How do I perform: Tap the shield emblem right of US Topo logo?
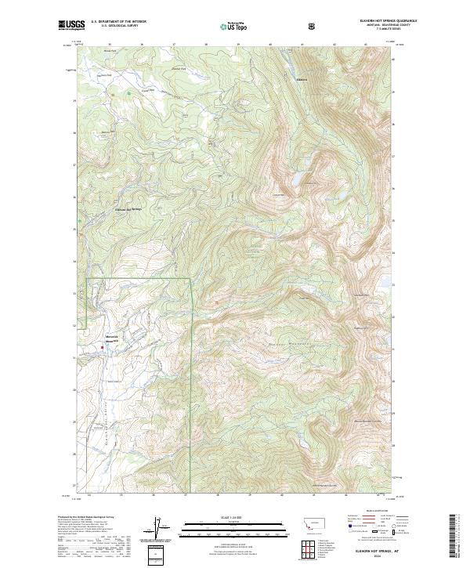coord(313,26)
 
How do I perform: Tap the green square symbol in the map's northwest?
coord(128,94)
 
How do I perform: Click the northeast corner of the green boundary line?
coord(190,278)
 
